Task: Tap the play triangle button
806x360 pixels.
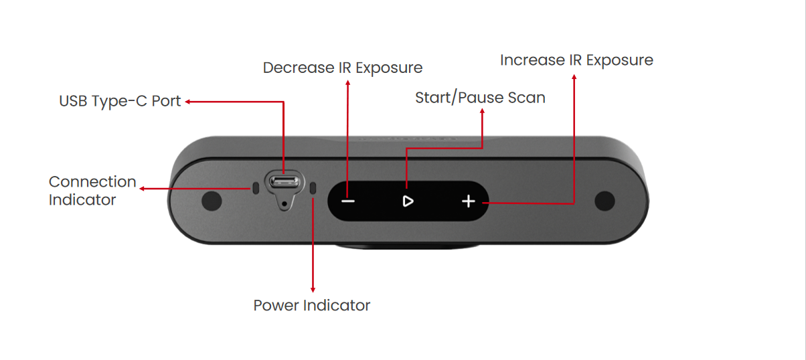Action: (x=408, y=201)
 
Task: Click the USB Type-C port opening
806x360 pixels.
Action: (x=285, y=181)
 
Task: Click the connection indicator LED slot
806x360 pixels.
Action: (x=255, y=189)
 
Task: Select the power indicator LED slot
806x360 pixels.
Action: (x=313, y=189)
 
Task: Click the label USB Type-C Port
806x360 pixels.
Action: (x=120, y=102)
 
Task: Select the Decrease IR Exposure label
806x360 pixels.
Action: (x=342, y=68)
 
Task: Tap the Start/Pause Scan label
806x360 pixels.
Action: (x=480, y=98)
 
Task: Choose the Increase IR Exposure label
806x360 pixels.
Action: (x=576, y=60)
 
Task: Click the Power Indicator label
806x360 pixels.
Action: (x=311, y=306)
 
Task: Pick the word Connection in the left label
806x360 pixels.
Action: (x=92, y=182)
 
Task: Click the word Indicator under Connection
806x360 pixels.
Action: (x=82, y=199)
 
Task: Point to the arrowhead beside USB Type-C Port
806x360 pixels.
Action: (x=188, y=102)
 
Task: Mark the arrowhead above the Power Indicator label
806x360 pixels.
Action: (x=313, y=288)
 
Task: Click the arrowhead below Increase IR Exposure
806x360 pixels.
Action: (x=574, y=77)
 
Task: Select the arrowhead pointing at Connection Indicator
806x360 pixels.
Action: (x=143, y=189)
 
